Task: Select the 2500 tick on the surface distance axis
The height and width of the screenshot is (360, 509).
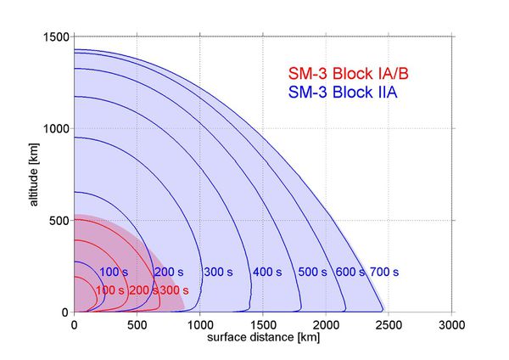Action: [x=389, y=323]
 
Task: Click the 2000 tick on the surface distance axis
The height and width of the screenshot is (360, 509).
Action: [x=327, y=323]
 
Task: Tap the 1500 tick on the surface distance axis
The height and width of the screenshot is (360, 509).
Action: [x=264, y=323]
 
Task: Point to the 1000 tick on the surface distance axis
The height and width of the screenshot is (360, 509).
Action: [x=201, y=323]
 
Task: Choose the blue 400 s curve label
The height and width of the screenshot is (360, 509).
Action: [x=266, y=273]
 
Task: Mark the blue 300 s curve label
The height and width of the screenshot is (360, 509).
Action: [x=219, y=273]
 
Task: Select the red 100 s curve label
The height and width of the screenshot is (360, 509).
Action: [x=109, y=290]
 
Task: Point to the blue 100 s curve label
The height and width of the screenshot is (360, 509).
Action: [x=114, y=273]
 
